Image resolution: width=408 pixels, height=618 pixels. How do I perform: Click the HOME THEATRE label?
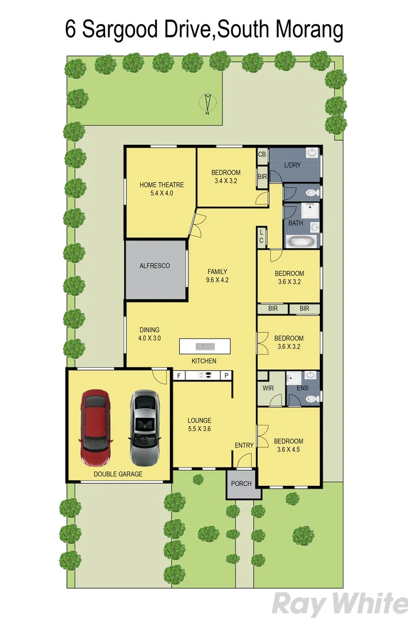pyautogui.click(x=161, y=185)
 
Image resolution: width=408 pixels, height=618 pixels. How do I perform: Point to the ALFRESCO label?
pyautogui.click(x=155, y=266)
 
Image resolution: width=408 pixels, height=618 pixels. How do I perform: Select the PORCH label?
pyautogui.click(x=241, y=484)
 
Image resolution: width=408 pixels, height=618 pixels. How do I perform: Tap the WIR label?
pyautogui.click(x=268, y=389)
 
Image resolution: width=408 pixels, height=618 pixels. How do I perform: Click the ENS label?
pyautogui.click(x=302, y=389)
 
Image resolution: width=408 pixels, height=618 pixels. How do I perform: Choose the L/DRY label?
pyautogui.click(x=292, y=165)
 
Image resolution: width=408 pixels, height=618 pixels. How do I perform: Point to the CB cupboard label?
pyautogui.click(x=262, y=154)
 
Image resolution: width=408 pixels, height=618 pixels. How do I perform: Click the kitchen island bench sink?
pyautogui.click(x=204, y=346)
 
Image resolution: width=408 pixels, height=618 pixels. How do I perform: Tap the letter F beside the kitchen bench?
pyautogui.click(x=179, y=375)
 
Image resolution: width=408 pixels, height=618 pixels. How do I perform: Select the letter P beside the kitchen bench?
pyautogui.click(x=226, y=375)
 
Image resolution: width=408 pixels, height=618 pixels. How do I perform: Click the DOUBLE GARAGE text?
pyautogui.click(x=118, y=474)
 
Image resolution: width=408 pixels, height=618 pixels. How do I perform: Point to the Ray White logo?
pyautogui.click(x=340, y=604)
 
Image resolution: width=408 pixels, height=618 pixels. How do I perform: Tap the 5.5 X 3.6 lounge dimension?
pyautogui.click(x=200, y=428)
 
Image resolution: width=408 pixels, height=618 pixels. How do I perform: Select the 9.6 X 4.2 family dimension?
pyautogui.click(x=217, y=280)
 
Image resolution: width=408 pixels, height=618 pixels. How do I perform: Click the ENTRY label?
pyautogui.click(x=244, y=445)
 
